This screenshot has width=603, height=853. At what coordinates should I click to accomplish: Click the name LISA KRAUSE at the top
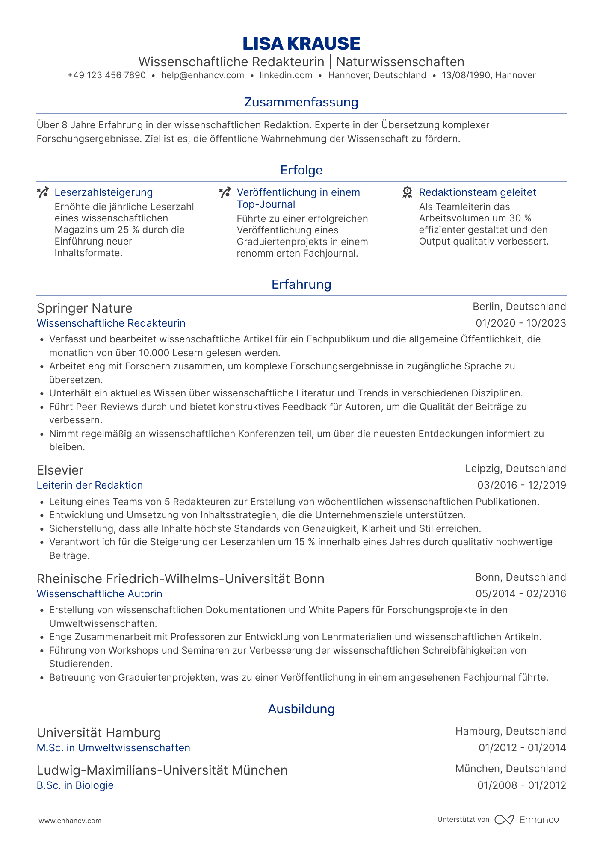tap(301, 43)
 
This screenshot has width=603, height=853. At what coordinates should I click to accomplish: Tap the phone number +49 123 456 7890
tap(106, 75)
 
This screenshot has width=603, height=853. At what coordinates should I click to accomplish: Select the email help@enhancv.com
tap(202, 75)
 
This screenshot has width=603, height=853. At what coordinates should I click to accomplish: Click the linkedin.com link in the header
tap(286, 75)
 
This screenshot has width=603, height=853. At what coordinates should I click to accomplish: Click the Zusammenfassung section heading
tap(301, 102)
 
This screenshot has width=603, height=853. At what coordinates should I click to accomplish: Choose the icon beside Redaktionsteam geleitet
tap(407, 192)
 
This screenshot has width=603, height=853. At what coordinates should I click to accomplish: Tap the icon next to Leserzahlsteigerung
tap(43, 192)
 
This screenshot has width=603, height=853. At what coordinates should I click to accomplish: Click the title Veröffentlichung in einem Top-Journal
tap(298, 198)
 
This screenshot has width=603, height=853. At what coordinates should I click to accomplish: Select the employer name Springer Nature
tap(84, 308)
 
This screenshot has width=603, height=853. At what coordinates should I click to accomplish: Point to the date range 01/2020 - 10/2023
tap(520, 323)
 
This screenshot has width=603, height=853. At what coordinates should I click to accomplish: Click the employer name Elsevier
tap(60, 470)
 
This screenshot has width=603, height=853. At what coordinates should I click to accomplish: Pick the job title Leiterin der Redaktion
tap(90, 485)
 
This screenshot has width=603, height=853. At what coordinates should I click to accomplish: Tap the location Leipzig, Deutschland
tap(515, 469)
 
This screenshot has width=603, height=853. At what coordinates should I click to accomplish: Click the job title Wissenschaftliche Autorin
tap(99, 594)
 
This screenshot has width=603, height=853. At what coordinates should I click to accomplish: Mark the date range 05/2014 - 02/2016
tap(520, 594)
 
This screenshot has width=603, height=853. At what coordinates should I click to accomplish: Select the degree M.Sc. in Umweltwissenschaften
tap(113, 748)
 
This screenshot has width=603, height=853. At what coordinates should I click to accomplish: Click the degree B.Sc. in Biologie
tap(75, 785)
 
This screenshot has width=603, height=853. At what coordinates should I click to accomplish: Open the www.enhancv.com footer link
tap(70, 821)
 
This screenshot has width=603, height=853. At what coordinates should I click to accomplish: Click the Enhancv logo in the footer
tap(526, 820)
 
